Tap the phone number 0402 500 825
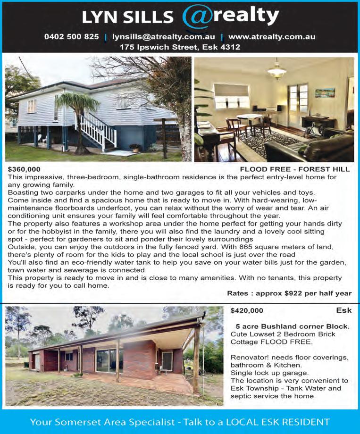click(x=71, y=36)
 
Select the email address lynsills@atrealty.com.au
click(x=163, y=36)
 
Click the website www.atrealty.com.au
click(x=271, y=36)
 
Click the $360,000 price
click(x=24, y=169)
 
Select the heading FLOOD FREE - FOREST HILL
click(x=295, y=169)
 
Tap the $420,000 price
click(x=247, y=310)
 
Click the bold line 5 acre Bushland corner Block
click(x=293, y=326)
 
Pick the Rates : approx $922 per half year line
click(x=289, y=293)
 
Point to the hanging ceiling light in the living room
click(x=276, y=72)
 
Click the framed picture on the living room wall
click(x=325, y=92)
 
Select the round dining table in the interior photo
click(x=249, y=118)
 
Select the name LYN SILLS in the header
click(x=127, y=17)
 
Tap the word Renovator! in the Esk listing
click(x=248, y=357)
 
